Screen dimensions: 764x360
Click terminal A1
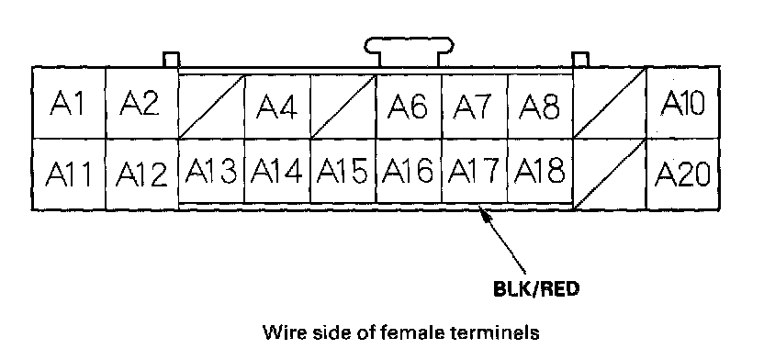[69, 103]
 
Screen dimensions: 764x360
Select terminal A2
[142, 103]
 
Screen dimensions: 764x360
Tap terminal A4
[277, 107]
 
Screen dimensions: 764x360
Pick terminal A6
[409, 107]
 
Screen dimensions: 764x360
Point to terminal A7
[475, 107]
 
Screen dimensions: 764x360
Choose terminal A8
[540, 107]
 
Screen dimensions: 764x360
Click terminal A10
[682, 103]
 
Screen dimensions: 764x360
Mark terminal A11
[69, 174]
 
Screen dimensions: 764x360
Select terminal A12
[142, 174]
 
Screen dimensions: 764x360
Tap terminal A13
[211, 171]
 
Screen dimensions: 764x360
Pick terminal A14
[277, 171]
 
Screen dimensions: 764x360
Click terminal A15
[343, 171]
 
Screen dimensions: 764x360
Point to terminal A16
[409, 171]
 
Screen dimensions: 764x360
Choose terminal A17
[475, 171]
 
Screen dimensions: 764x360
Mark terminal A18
[540, 171]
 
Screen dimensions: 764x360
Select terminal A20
[682, 174]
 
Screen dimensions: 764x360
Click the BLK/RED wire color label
[536, 289]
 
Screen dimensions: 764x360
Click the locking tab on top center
[410, 51]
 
